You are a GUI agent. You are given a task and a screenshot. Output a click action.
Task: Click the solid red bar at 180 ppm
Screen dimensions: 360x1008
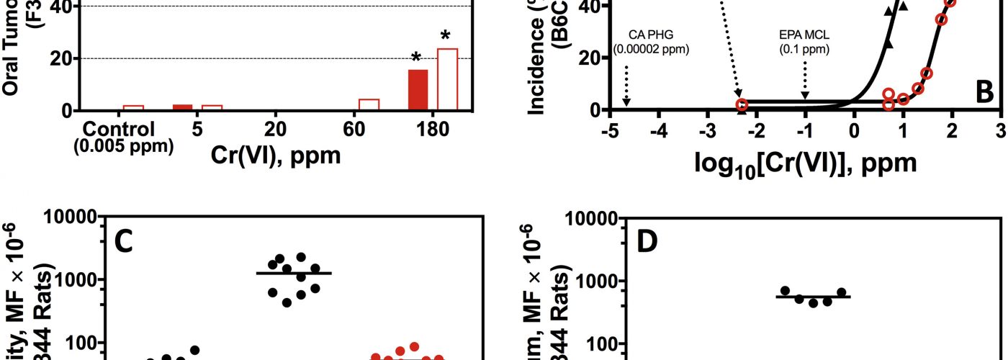click(418, 90)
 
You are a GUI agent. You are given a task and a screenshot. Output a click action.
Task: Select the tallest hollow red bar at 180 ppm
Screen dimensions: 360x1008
click(447, 80)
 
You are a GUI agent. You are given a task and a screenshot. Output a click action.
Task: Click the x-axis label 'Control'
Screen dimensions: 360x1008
click(119, 130)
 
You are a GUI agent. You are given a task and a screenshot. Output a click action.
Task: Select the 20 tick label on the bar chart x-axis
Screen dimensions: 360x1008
click(275, 130)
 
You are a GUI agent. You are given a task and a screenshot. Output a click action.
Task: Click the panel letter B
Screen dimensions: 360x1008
click(984, 93)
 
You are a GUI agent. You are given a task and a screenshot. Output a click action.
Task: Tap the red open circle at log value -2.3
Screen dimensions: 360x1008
click(742, 105)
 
